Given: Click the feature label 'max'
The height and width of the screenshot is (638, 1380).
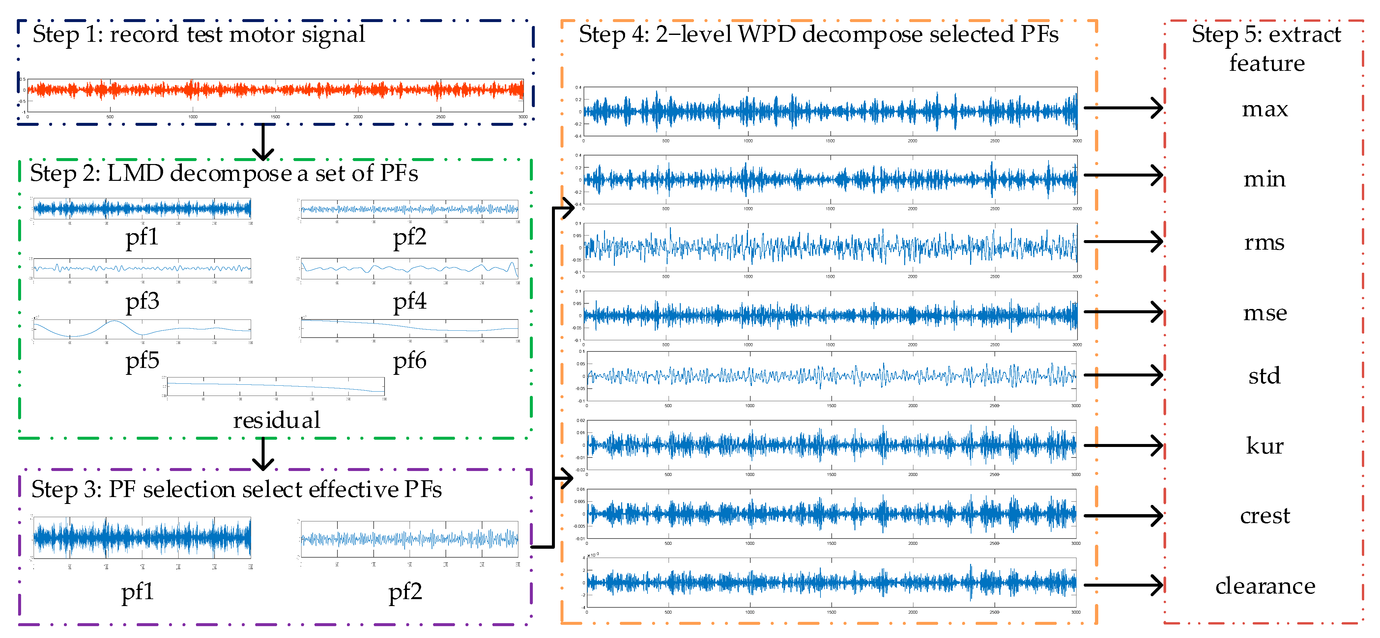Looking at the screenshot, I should [x=1264, y=110].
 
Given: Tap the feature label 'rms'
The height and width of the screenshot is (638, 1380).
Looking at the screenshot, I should [x=1264, y=243].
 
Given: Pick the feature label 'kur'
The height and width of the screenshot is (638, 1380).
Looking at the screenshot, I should [x=1264, y=446].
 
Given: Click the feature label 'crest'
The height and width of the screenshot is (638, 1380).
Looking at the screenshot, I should [x=1265, y=516].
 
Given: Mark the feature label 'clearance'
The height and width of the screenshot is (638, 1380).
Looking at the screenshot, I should [x=1265, y=586].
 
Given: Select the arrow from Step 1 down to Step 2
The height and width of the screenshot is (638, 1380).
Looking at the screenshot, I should [x=263, y=142].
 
